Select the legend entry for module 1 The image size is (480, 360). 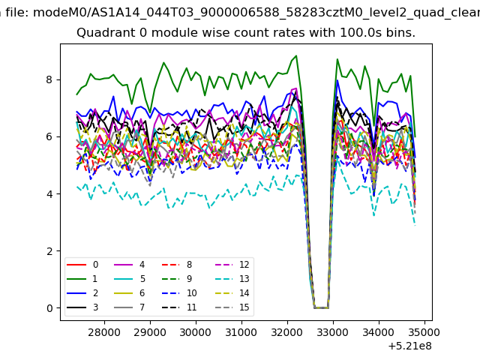coord(82,279)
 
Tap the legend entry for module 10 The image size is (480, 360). coord(179,293)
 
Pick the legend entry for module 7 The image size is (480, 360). coord(130,307)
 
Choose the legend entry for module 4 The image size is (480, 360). coord(130,265)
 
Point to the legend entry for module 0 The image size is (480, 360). coord(82,265)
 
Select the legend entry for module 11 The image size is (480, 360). coord(179,307)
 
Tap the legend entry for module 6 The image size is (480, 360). coord(130,293)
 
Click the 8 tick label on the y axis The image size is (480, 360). coord(49,80)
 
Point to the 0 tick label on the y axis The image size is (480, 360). coord(49,308)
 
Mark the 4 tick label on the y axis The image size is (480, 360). coord(49,194)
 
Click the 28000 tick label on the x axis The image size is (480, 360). coord(104,332)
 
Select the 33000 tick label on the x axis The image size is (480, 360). coord(333,332)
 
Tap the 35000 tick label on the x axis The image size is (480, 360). coord(424,332)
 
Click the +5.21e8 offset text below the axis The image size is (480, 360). coord(410,346)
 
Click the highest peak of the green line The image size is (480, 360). coord(296,55)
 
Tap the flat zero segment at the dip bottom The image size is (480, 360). coord(321,308)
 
